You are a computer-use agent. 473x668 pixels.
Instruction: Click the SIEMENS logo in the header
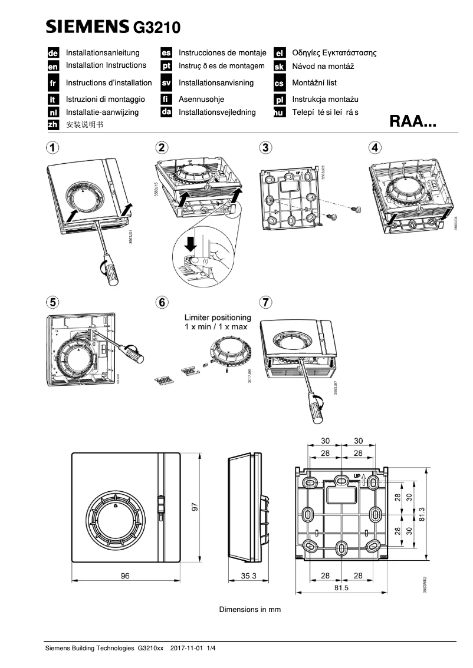point(88,26)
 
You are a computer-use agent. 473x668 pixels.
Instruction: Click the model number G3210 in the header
point(157,27)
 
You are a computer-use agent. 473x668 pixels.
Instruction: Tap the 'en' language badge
point(52,67)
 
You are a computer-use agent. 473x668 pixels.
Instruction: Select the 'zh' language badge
point(52,124)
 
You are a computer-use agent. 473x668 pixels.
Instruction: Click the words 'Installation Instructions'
point(106,65)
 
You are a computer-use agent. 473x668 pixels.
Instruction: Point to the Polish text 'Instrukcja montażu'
point(325,100)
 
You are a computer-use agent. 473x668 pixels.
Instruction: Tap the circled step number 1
point(53,147)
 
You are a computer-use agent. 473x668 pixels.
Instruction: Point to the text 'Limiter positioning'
point(217,317)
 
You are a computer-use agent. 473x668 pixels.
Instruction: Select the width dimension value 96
point(125,576)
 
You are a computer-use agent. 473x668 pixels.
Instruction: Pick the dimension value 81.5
point(341,587)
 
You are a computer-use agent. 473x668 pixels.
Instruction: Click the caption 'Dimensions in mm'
point(250,609)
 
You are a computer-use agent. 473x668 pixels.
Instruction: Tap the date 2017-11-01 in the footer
point(186,649)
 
